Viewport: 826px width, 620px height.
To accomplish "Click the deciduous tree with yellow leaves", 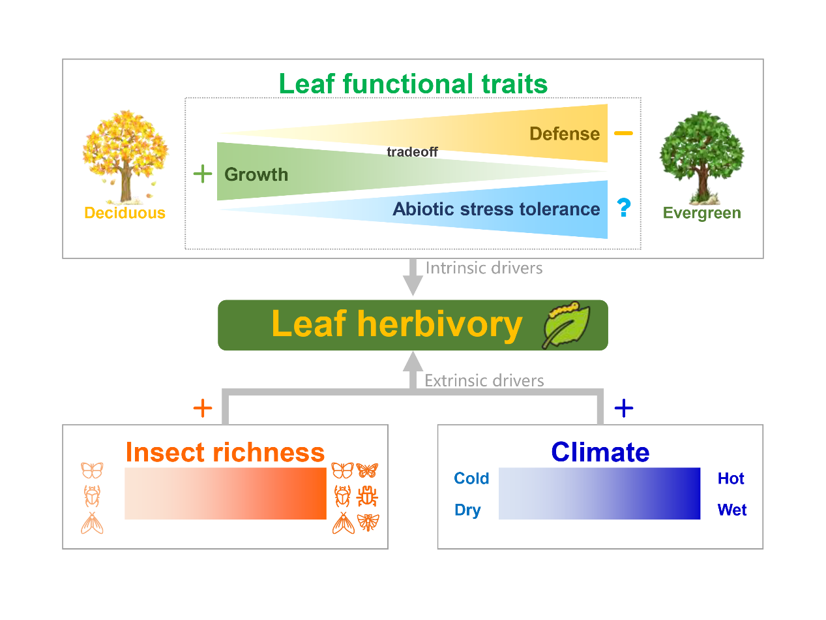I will [x=125, y=155].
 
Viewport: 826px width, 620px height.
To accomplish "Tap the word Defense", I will [x=564, y=134].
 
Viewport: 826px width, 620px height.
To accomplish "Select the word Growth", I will [x=256, y=175].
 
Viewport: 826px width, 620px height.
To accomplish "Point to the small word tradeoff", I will [x=412, y=153].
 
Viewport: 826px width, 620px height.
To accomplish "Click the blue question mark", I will [x=624, y=208].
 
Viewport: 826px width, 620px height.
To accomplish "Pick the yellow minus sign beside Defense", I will [x=623, y=134].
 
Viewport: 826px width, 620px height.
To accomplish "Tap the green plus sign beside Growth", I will [x=203, y=174].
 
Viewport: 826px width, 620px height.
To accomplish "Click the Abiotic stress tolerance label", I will [x=496, y=209].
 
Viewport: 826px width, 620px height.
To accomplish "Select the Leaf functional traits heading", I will [x=413, y=84].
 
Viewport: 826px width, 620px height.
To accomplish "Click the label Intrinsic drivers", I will [x=484, y=268].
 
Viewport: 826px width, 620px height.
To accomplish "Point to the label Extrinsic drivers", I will [x=484, y=380].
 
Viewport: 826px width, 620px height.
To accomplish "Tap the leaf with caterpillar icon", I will [x=566, y=324].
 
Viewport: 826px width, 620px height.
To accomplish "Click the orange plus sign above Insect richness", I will [x=203, y=409].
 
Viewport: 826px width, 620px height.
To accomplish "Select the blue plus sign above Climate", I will [x=624, y=409].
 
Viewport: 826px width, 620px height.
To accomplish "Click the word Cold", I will [x=471, y=479].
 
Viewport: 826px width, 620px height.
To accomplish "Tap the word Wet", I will [x=732, y=510].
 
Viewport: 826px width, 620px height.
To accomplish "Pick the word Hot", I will [x=731, y=479].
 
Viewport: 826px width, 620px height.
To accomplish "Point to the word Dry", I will [x=467, y=510].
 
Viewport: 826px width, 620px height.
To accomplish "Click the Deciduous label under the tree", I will [x=125, y=213].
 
